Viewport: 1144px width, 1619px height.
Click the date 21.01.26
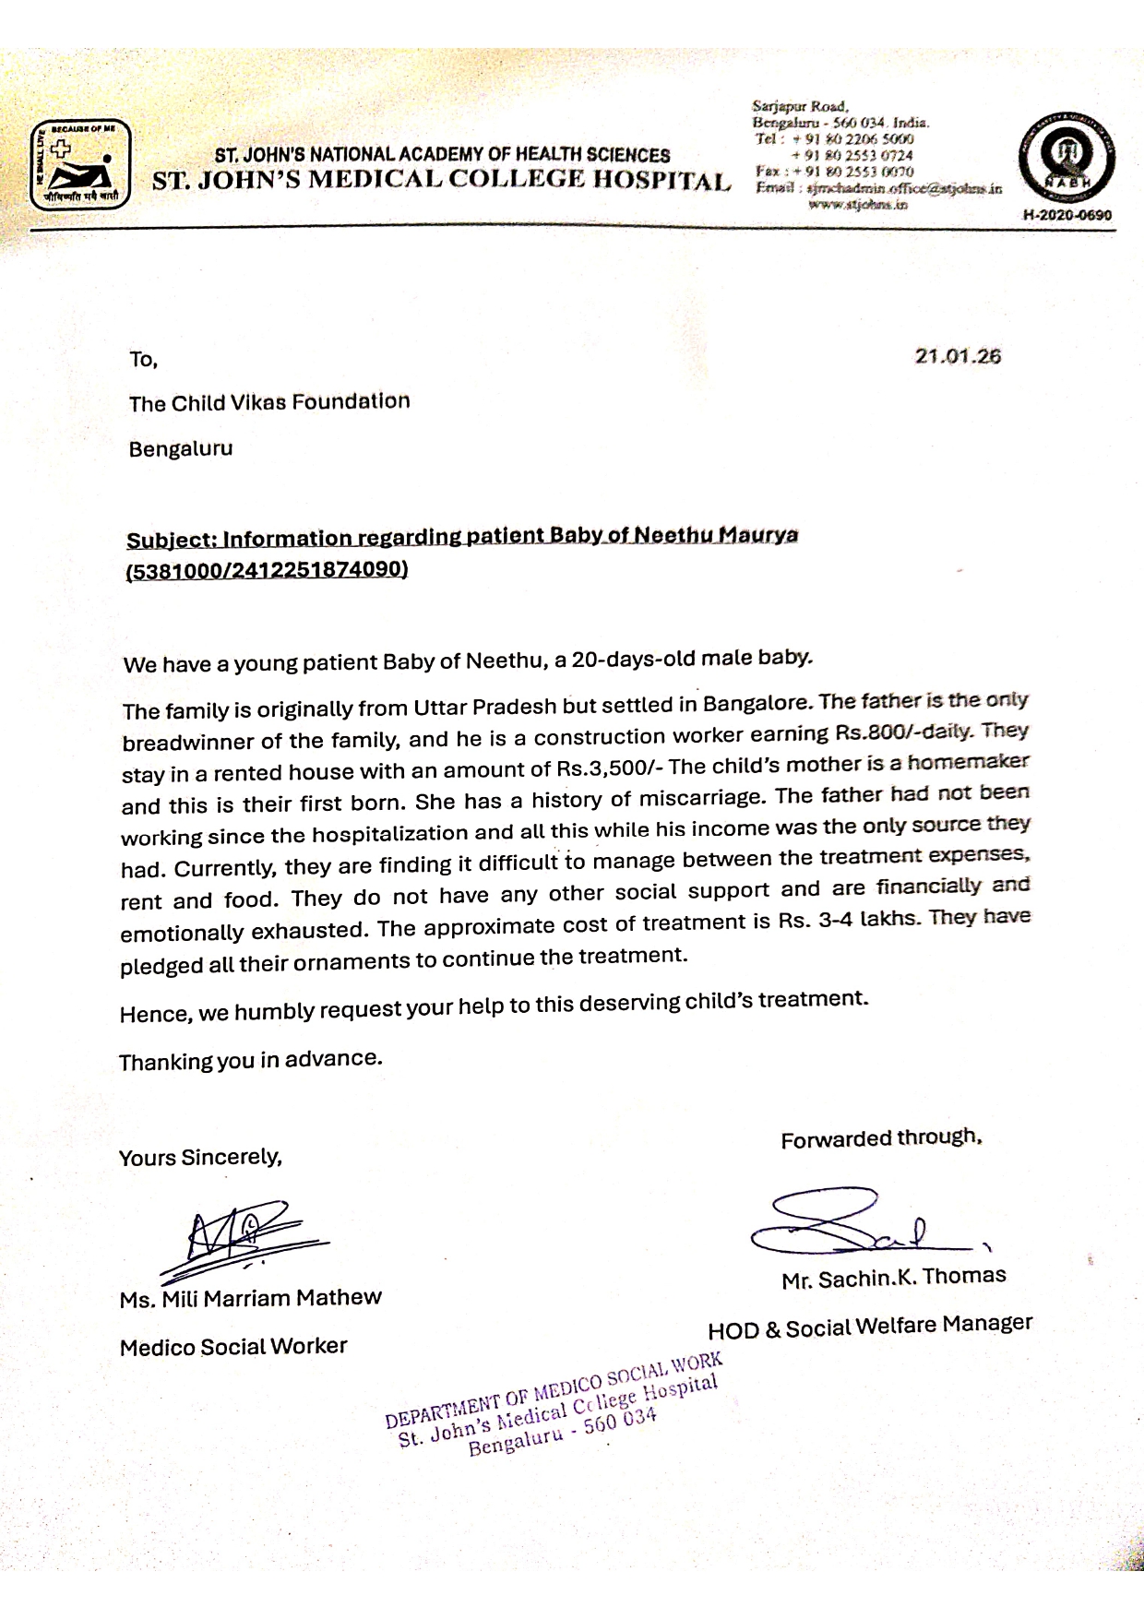coord(958,356)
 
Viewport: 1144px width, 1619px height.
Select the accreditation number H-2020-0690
coord(1067,216)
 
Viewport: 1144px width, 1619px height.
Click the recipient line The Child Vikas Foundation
coord(269,402)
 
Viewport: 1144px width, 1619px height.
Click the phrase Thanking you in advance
coord(250,1060)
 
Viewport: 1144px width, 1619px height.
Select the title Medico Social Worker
coord(233,1347)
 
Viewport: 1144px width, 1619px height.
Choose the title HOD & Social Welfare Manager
coord(869,1326)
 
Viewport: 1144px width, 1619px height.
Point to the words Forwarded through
coord(880,1138)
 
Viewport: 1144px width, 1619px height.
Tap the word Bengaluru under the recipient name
coord(181,449)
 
